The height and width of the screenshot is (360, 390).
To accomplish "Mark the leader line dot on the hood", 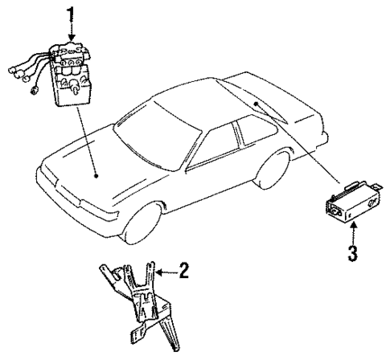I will [96, 174].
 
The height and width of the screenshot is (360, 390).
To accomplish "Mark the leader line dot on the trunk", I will [255, 104].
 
